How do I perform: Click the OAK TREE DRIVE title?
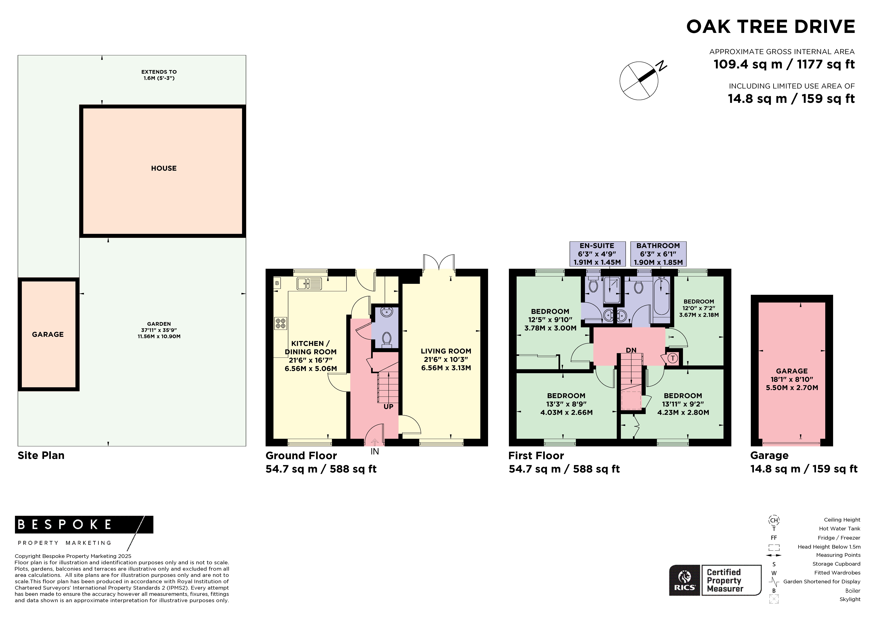point(771,27)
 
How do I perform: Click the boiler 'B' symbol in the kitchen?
point(277,283)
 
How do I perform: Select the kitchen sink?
point(309,283)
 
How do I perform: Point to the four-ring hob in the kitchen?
point(280,323)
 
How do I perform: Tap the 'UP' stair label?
point(388,407)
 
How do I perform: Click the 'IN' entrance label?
point(375,451)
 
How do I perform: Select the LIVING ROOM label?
point(446,351)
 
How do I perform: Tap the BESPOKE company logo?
point(84,532)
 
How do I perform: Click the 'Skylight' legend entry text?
point(850,599)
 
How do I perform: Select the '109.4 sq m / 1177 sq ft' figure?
point(784,64)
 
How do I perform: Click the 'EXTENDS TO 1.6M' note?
point(159,75)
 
